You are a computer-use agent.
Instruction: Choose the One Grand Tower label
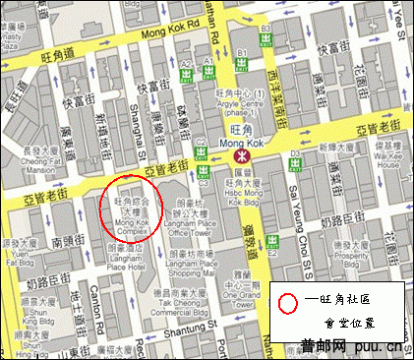[x=237, y=286]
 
